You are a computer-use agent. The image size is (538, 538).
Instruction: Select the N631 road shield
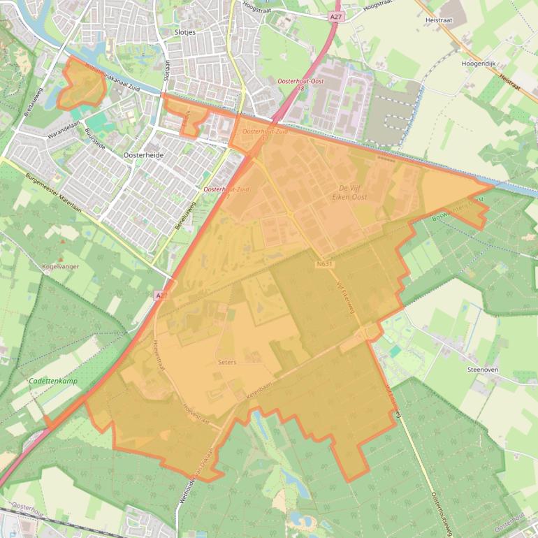point(325,264)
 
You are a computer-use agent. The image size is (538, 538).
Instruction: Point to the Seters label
point(227,362)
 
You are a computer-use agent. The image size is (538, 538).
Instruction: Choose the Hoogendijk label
point(478,64)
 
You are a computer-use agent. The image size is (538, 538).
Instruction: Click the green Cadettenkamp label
point(53,381)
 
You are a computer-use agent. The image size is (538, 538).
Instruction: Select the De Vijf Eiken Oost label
point(353,193)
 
